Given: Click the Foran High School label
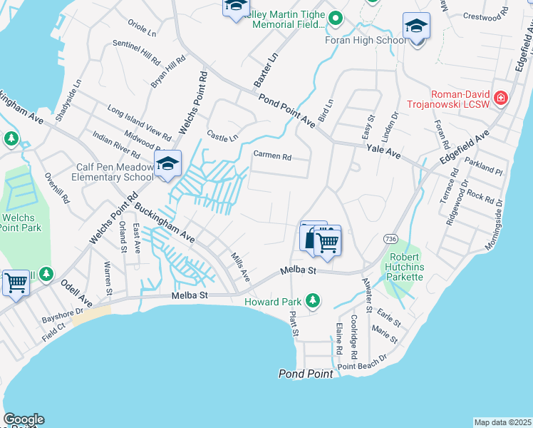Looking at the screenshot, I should point(366,40).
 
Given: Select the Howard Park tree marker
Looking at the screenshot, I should point(312,301).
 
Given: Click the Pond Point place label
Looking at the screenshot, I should point(306,374).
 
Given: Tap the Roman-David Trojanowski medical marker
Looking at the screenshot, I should point(500,98).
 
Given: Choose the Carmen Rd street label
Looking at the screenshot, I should point(273,156).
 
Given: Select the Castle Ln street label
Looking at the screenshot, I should point(222,135).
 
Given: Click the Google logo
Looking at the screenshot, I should point(24,419).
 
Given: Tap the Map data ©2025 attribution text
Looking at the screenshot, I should point(502,422).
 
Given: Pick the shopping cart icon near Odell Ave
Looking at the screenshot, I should point(16,282).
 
